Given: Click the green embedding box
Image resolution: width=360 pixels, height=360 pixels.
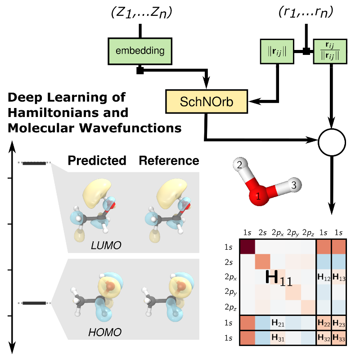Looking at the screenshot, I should (140, 51).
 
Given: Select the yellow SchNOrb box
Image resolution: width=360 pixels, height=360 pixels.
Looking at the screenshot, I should (207, 101).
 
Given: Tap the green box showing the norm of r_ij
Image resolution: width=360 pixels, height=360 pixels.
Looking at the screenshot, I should (277, 51).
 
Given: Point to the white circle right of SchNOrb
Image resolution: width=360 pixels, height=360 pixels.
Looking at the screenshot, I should (332, 143).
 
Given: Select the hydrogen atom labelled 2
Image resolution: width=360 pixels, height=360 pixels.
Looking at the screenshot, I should (240, 165).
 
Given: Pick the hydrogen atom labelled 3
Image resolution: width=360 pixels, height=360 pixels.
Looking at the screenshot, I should (294, 185).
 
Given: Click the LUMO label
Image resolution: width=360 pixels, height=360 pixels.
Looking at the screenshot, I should (106, 245).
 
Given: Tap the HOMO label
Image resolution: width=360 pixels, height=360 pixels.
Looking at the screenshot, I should (104, 333).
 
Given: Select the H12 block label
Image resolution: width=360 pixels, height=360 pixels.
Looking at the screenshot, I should (324, 278).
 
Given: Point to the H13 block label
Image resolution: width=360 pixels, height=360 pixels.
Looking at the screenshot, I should (339, 278).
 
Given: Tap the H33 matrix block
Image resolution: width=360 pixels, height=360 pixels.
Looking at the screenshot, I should (339, 337).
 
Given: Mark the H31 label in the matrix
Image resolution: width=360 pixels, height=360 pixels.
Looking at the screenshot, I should (278, 337).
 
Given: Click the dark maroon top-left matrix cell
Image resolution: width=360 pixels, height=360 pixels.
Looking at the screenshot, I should (247, 247).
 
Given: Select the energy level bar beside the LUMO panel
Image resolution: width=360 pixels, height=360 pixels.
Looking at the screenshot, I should (34, 163).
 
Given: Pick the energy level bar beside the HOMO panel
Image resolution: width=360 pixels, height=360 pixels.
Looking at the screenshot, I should (34, 303).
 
